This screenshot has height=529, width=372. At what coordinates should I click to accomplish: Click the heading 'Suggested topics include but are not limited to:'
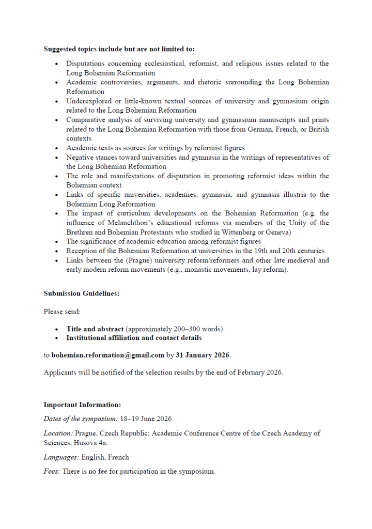119,50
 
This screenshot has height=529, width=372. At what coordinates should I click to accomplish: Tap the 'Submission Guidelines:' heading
81,293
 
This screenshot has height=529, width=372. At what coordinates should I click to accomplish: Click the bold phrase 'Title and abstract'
95,329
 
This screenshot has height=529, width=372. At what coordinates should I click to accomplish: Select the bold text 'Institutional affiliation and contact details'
134,338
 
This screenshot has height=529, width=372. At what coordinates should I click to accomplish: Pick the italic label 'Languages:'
61,457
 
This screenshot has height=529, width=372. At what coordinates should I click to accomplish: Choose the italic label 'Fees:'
52,472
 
